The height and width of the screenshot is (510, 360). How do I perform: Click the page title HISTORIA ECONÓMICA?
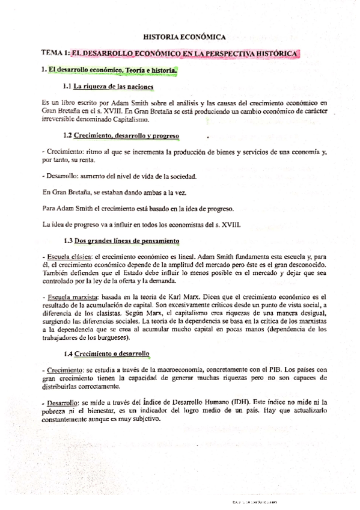(x=180, y=36)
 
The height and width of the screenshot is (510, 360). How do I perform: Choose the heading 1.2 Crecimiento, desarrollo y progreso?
(x=120, y=137)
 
